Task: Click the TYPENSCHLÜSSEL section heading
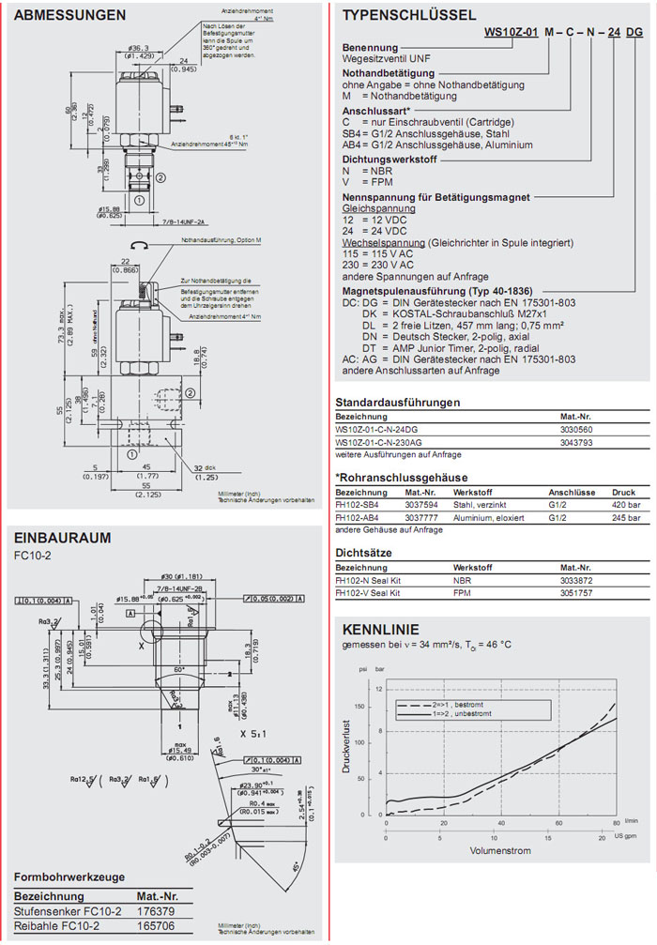coord(409,16)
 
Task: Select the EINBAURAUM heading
coord(62,538)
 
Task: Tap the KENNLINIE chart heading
coord(380,629)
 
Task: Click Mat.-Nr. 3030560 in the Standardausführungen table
coord(577,430)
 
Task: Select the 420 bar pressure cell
coord(625,503)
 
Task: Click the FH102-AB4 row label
coord(359,516)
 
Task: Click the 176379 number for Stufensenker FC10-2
coord(155,910)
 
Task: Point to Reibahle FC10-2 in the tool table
coord(54,924)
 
